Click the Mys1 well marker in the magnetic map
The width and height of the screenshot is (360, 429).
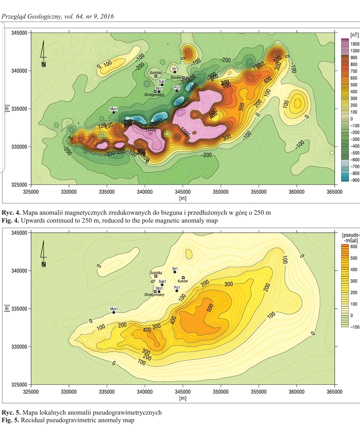pos(114,112)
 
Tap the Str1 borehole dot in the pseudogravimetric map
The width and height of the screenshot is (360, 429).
pos(175,272)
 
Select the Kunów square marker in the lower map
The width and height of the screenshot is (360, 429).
pos(183,278)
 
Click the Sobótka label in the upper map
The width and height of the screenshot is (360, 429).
pos(155,73)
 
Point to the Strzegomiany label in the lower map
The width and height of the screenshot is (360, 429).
pos(154,295)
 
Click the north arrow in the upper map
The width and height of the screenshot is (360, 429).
pos(43,55)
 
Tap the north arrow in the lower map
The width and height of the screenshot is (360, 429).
pos(43,255)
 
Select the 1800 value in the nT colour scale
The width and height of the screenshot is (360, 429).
pos(355,44)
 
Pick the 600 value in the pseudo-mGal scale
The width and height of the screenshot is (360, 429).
pos(353,247)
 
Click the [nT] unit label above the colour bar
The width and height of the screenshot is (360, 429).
pos(355,35)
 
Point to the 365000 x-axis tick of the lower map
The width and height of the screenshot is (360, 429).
pos(334,392)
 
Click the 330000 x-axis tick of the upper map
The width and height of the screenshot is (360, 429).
pos(69,192)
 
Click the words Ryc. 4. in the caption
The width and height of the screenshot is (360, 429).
pos(11,213)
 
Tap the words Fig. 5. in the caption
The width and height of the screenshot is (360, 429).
pos(11,420)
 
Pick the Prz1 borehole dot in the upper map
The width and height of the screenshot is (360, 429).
pos(177,91)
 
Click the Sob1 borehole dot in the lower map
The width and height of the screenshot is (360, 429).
pos(162,285)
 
